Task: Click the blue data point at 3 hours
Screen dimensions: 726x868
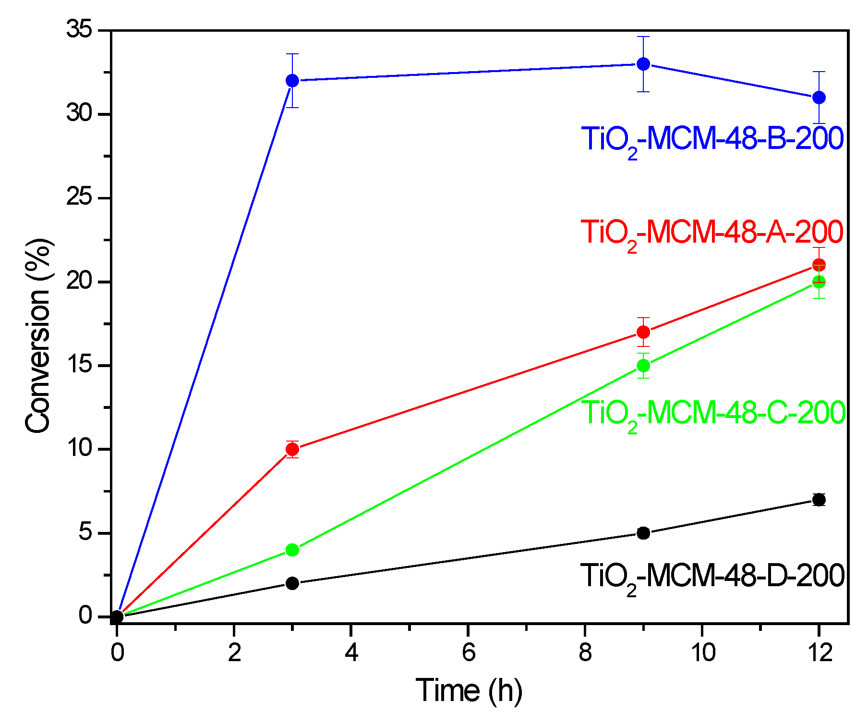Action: [x=292, y=81]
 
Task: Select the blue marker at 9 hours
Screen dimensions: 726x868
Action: [x=643, y=64]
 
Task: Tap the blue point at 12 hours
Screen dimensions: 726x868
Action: [x=819, y=98]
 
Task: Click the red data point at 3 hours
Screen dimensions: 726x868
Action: [x=292, y=449]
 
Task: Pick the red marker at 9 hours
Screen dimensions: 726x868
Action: [x=643, y=332]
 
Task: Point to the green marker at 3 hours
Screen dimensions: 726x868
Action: [x=292, y=550]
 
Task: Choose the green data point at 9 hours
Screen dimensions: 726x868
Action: [x=643, y=366]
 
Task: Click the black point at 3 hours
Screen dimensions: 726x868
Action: [x=292, y=583]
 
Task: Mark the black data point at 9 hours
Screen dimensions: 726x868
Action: [x=643, y=533]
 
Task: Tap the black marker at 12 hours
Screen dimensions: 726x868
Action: [x=819, y=500]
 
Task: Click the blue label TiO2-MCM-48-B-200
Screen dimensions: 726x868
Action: [x=712, y=139]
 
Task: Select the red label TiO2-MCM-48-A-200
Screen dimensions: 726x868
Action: [x=712, y=233]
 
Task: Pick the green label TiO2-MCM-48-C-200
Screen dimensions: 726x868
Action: [x=713, y=413]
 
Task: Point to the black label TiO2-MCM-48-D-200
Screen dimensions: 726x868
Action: [x=712, y=576]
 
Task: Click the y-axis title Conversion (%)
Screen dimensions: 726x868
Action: [x=38, y=336]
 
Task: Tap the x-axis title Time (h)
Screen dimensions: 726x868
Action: [x=469, y=690]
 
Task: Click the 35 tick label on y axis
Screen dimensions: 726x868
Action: [x=80, y=30]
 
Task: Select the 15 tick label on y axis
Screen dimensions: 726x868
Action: [x=80, y=366]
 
